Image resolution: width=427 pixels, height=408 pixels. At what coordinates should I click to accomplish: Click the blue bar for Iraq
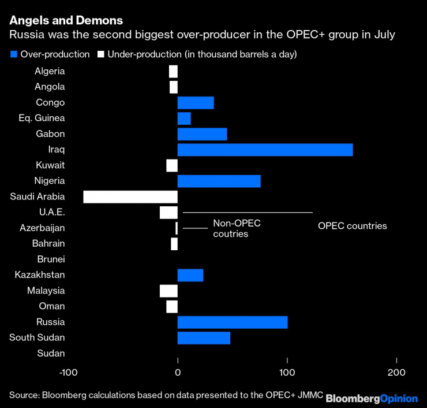[265, 150]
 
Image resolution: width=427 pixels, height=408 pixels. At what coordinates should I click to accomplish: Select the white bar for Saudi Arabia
[130, 196]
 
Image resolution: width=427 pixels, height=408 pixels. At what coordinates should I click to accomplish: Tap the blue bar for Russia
[232, 322]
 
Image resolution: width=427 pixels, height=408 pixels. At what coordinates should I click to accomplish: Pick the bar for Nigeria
[219, 181]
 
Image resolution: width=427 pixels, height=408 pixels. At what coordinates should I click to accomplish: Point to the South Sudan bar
[204, 337]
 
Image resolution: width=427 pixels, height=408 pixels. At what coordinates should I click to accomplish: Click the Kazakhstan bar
[190, 275]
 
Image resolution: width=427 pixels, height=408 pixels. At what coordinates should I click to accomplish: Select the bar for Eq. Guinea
[184, 118]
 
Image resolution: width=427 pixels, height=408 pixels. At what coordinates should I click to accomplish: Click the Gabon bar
[202, 134]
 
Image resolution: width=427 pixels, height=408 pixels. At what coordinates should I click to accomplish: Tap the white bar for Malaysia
[168, 291]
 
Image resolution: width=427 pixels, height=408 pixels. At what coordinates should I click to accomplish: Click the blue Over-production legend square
[13, 54]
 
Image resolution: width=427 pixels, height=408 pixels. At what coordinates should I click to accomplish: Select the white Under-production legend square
[101, 54]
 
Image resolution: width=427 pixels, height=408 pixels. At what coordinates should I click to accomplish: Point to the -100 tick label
[69, 372]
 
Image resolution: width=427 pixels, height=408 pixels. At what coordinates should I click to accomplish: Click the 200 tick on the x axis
[396, 372]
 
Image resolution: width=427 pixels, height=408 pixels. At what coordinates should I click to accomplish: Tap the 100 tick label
[287, 372]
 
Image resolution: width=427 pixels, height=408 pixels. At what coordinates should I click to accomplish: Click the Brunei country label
[51, 259]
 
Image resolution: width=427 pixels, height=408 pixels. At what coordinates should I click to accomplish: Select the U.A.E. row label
[51, 212]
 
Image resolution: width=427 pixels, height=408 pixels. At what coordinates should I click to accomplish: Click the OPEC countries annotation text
[352, 226]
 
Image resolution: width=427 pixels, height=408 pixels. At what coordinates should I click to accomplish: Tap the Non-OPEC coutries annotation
[237, 228]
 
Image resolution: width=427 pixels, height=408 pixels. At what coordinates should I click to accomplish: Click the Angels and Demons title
[66, 20]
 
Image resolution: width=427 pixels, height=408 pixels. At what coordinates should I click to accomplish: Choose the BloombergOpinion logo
[372, 398]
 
